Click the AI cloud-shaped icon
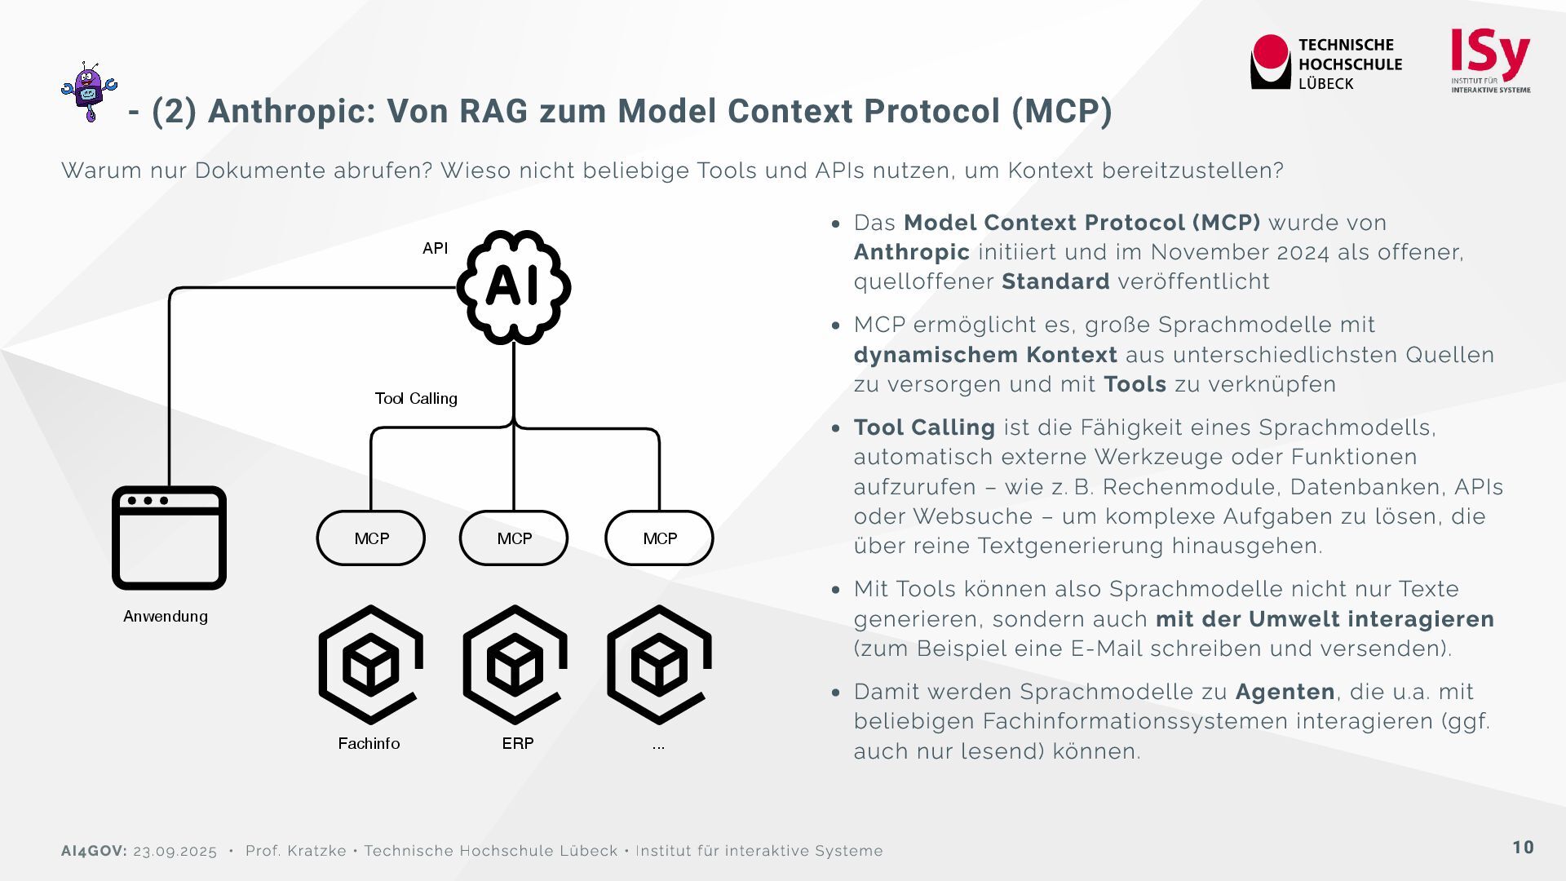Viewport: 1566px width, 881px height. tap(513, 286)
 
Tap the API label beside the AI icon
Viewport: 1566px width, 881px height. tap(435, 248)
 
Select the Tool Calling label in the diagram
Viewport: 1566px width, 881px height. tap(416, 398)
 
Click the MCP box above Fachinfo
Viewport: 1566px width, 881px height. tap(371, 538)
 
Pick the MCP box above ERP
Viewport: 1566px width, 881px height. tap(514, 538)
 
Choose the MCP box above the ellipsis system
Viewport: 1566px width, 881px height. tap(659, 538)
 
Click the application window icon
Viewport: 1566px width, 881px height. tap(169, 538)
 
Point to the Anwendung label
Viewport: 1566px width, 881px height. tap(166, 616)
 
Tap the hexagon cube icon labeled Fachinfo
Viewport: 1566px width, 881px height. tap(370, 664)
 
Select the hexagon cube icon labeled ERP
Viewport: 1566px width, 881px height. tap(515, 664)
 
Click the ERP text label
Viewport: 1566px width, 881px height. tap(518, 743)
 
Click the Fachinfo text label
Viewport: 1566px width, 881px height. tap(369, 743)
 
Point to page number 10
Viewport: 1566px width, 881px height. tap(1523, 848)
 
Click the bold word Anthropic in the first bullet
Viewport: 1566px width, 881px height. tap(911, 252)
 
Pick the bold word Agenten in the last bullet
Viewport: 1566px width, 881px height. tap(1285, 692)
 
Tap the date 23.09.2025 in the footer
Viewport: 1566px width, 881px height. tap(175, 851)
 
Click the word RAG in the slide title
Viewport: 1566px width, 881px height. tap(493, 111)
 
